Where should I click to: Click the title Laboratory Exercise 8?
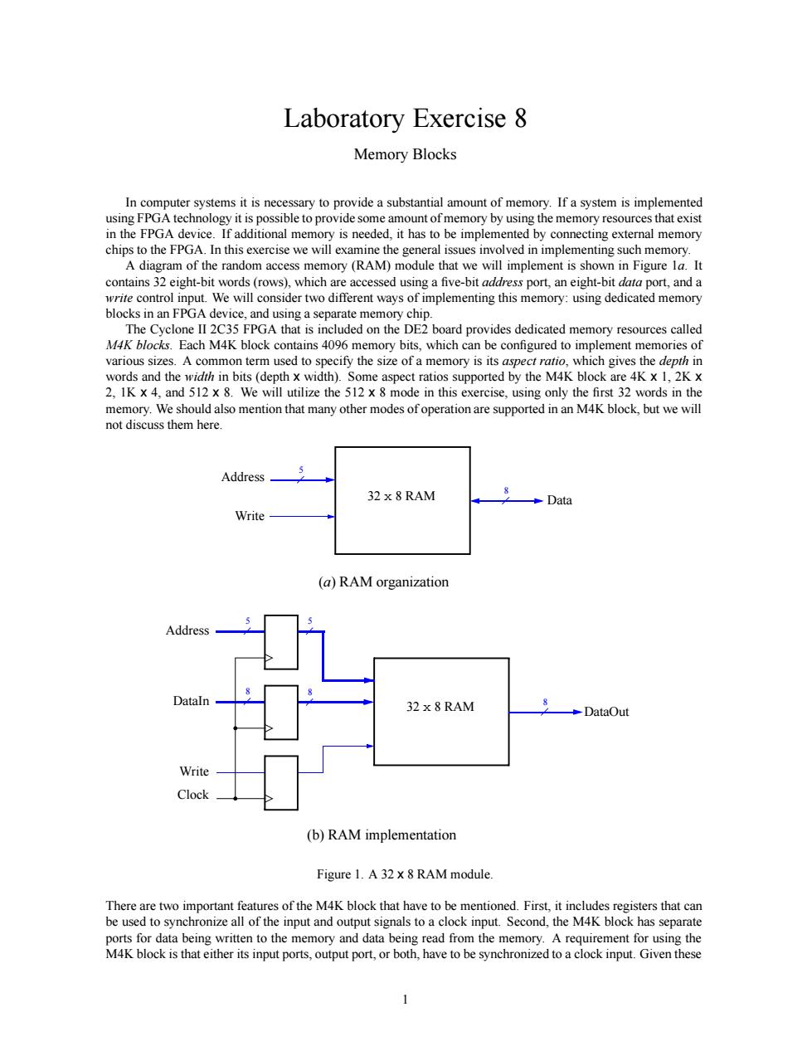pos(405,119)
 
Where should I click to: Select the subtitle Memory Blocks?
pos(405,154)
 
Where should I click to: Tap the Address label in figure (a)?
pos(243,477)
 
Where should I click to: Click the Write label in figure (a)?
pos(250,516)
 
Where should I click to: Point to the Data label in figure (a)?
pos(559,500)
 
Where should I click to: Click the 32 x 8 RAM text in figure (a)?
pos(401,496)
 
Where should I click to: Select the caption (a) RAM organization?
pos(383,581)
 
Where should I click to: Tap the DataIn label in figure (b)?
pos(191,701)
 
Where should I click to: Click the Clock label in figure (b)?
pos(192,794)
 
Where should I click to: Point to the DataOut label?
pos(606,712)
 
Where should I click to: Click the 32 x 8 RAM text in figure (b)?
pos(440,707)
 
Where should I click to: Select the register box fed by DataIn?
pos(281,712)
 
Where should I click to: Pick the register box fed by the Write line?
pos(281,782)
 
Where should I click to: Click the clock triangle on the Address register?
pos(269,658)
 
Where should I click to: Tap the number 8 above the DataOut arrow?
pos(545,702)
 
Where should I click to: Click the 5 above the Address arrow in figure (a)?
pos(301,470)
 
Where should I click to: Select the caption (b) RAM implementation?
pos(382,834)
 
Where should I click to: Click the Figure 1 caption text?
pos(405,874)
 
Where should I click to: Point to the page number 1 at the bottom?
pos(406,1000)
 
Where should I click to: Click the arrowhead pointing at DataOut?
pos(577,712)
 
